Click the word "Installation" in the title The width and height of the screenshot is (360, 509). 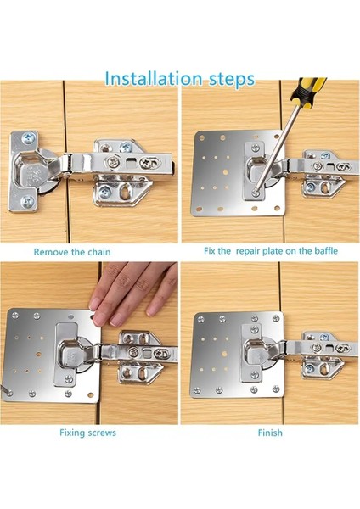point(153,79)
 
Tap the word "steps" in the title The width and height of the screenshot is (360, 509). point(232,81)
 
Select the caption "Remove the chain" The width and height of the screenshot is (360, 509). point(72,252)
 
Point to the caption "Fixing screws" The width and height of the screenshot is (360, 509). point(87,433)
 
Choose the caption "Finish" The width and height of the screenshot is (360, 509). point(270,433)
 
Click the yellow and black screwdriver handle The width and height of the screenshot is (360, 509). point(307,92)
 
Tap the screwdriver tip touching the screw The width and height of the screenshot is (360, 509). point(256,193)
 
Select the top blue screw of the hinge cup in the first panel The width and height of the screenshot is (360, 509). point(28,139)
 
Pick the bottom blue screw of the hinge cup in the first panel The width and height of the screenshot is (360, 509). point(27,202)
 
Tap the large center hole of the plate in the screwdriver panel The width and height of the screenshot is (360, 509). point(225,171)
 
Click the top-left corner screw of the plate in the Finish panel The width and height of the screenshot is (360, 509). point(200,319)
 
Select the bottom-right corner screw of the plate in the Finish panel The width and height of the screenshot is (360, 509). point(276,389)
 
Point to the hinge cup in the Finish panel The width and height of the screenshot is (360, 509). point(256,353)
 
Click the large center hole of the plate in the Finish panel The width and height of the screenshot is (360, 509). point(224,354)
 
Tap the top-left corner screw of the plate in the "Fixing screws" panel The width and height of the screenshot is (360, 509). point(15,315)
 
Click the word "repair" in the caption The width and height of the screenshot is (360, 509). point(248,251)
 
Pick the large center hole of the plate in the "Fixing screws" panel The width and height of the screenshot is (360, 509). point(39,354)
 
